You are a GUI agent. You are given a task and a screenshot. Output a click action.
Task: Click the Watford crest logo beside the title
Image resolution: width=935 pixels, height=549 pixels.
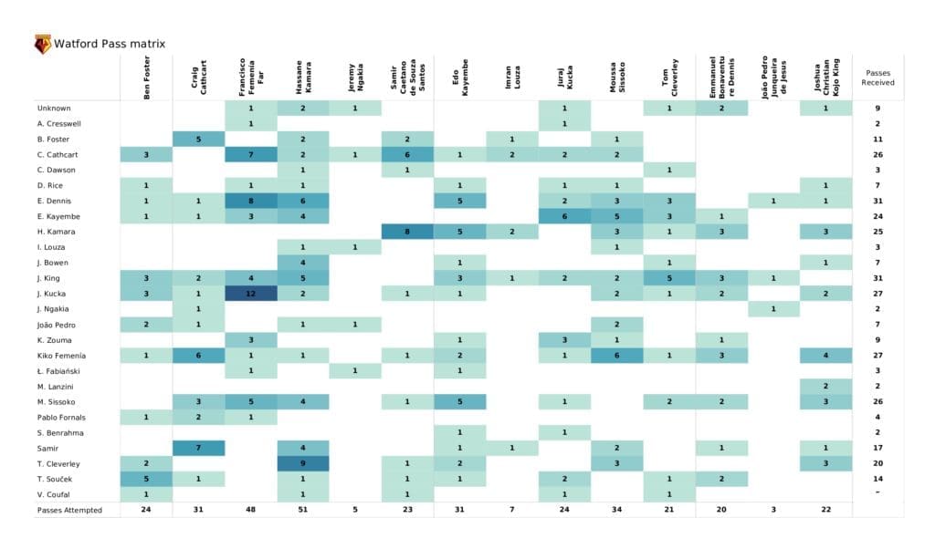(x=42, y=44)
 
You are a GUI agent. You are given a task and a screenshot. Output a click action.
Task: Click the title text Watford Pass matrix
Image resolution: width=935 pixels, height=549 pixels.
(x=110, y=44)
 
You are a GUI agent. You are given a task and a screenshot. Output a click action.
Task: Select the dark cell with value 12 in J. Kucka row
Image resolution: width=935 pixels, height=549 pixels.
(x=251, y=294)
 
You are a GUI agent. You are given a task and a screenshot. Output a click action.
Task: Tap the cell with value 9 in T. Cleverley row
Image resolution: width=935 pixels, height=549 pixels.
(x=303, y=463)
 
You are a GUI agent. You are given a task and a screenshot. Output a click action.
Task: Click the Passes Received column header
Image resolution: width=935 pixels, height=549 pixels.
(x=877, y=78)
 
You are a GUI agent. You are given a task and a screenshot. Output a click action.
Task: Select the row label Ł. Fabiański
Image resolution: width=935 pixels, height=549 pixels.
(x=58, y=371)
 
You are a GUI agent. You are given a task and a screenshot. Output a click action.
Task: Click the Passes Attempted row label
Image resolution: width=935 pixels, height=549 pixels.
(x=69, y=510)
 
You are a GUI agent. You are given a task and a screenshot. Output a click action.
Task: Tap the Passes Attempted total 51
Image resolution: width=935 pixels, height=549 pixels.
(x=303, y=510)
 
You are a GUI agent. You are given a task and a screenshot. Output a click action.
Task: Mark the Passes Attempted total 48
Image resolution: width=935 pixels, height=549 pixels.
(x=251, y=510)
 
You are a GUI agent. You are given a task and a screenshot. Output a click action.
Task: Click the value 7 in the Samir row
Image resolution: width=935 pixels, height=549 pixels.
(x=199, y=448)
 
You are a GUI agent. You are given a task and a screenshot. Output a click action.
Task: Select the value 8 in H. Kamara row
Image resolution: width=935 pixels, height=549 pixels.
(x=408, y=232)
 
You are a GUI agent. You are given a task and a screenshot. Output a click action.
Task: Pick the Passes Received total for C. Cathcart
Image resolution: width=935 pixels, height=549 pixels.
(x=877, y=154)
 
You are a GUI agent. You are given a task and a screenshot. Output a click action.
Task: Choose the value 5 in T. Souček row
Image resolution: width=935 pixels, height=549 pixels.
(x=146, y=479)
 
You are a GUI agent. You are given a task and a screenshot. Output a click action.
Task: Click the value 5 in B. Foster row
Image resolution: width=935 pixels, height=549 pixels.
(x=199, y=139)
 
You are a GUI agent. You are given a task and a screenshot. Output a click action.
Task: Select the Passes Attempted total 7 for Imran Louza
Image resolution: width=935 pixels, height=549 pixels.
(x=512, y=510)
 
